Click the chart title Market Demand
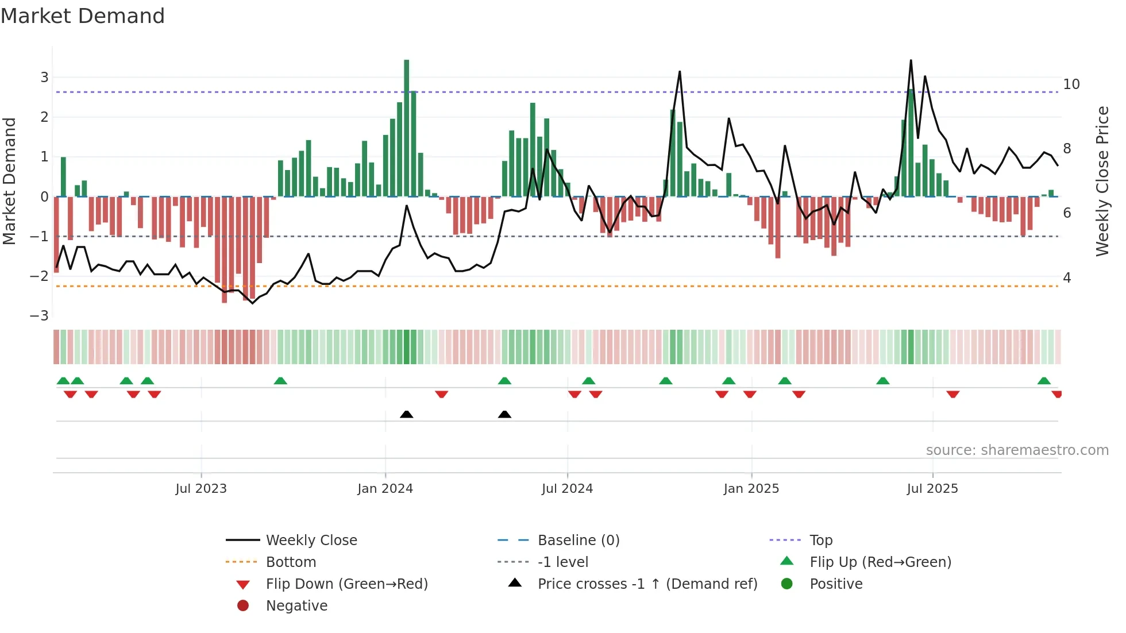pyautogui.click(x=83, y=16)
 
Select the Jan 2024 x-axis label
pyautogui.click(x=385, y=489)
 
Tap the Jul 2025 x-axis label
pyautogui.click(x=932, y=489)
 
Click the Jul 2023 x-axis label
pyautogui.click(x=201, y=489)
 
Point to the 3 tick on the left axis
pyautogui.click(x=44, y=77)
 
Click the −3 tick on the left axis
pyautogui.click(x=40, y=316)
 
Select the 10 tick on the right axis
pyautogui.click(x=1071, y=84)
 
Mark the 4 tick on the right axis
pyautogui.click(x=1067, y=278)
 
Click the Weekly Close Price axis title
pyautogui.click(x=1102, y=181)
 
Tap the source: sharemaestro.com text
pyautogui.click(x=1017, y=450)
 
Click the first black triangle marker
pyautogui.click(x=407, y=414)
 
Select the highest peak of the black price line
pyautogui.click(x=911, y=61)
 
